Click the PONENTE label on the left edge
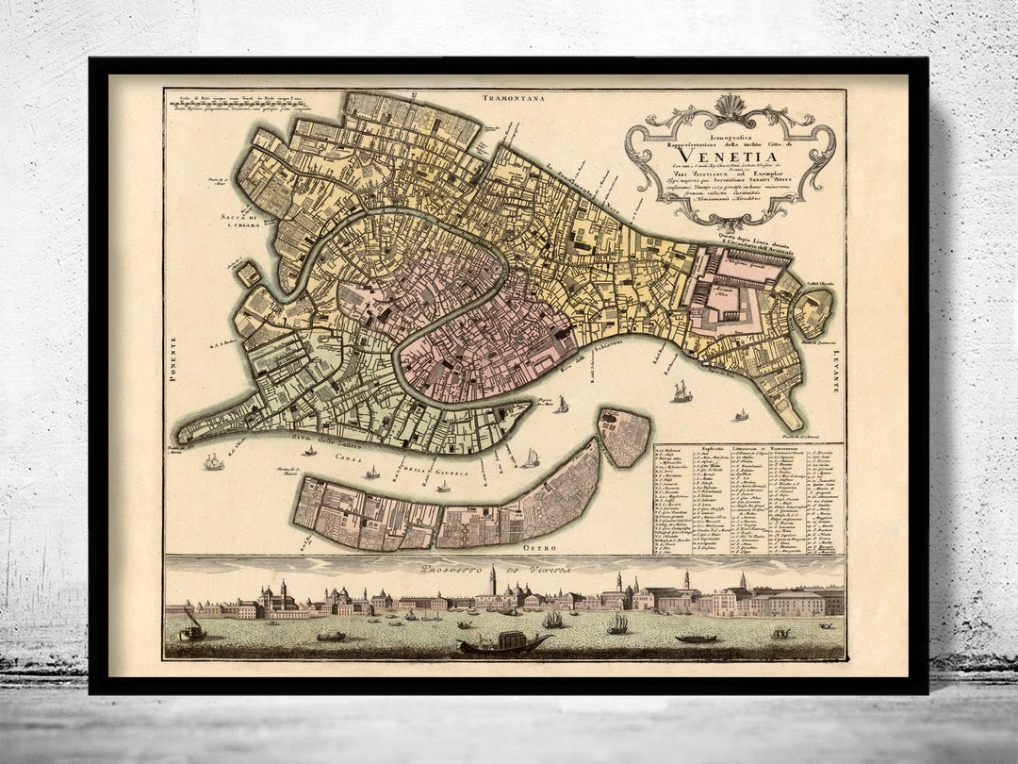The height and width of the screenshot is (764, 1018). pyautogui.click(x=172, y=362)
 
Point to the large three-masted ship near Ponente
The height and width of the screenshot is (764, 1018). pyautogui.click(x=214, y=461)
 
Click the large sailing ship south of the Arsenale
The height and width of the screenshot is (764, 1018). pyautogui.click(x=681, y=390)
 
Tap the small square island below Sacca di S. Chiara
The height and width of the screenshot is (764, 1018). pyautogui.click(x=249, y=274)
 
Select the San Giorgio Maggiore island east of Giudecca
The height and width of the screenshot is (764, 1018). pyautogui.click(x=624, y=437)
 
